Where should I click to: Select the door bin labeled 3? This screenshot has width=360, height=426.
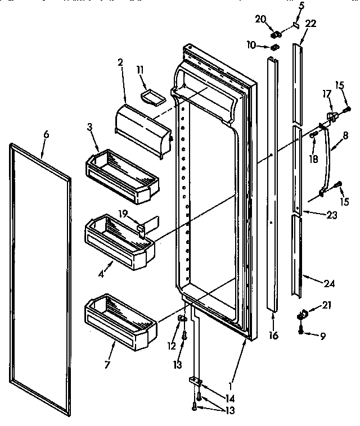click(121, 176)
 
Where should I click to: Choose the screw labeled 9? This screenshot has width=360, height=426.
click(302, 330)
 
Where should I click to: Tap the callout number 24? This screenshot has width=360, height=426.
click(329, 284)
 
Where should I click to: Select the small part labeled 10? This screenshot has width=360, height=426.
click(275, 47)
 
